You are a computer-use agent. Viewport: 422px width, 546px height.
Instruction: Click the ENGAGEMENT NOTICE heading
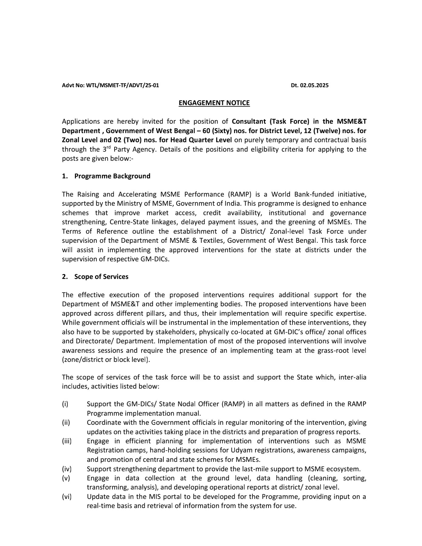click(214, 103)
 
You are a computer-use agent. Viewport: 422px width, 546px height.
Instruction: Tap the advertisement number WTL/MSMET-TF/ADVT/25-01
click(122, 85)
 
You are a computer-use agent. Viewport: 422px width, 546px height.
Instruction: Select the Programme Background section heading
click(112, 176)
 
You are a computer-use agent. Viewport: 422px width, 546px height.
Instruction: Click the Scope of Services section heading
click(101, 277)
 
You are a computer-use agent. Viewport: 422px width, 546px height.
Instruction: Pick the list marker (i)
click(65, 404)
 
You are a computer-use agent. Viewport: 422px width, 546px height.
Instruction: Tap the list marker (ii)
click(66, 423)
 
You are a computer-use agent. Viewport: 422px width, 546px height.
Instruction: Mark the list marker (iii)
click(67, 441)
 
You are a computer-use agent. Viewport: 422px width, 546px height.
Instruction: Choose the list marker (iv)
click(67, 469)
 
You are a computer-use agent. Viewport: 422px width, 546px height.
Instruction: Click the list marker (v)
click(66, 478)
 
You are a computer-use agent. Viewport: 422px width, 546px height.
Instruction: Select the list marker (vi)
click(67, 497)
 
